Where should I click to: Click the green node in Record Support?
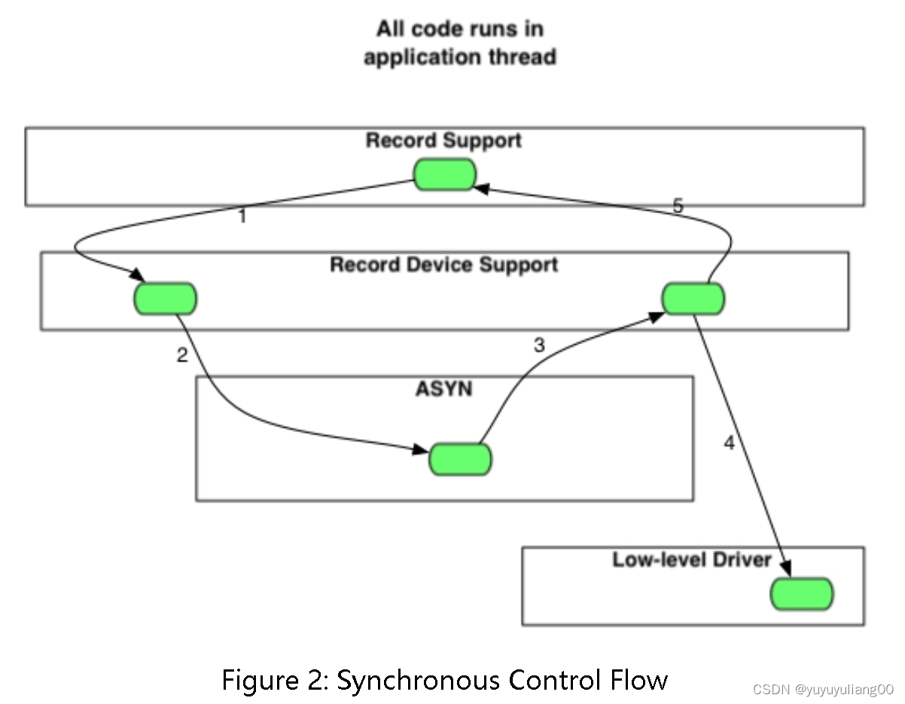pyautogui.click(x=445, y=175)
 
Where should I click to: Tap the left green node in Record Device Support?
pyautogui.click(x=166, y=299)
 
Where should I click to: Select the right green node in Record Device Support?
pyautogui.click(x=693, y=299)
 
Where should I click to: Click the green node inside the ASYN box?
pyautogui.click(x=460, y=459)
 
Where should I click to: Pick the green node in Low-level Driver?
pyautogui.click(x=802, y=595)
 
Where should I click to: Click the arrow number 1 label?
pyautogui.click(x=242, y=218)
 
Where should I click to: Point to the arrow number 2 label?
pyautogui.click(x=182, y=355)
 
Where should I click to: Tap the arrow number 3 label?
pyautogui.click(x=539, y=345)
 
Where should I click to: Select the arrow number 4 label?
pyautogui.click(x=729, y=443)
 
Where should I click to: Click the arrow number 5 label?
pyautogui.click(x=678, y=206)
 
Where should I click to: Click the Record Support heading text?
pyautogui.click(x=443, y=141)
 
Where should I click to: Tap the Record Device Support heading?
pyautogui.click(x=444, y=265)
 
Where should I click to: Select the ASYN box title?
pyautogui.click(x=443, y=389)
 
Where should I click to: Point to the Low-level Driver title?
pyautogui.click(x=692, y=560)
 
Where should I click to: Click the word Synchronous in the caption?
pyautogui.click(x=418, y=681)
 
